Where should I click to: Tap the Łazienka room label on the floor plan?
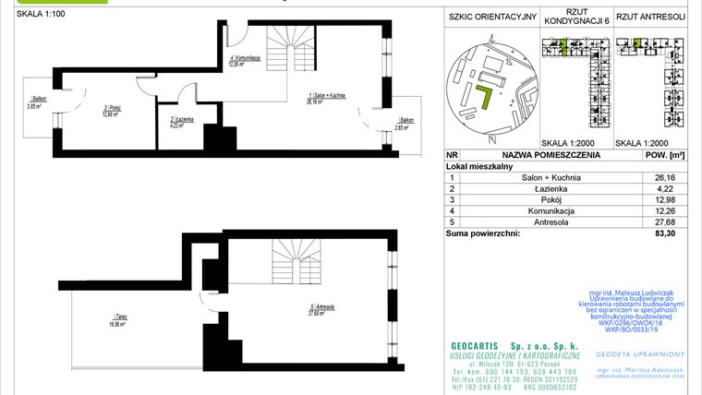tap(181, 123)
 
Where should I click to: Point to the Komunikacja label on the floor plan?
tap(246, 61)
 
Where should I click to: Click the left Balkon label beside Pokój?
tap(37, 102)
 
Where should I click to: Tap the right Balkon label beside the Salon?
tap(404, 125)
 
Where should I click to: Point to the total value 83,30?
tap(658, 233)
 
